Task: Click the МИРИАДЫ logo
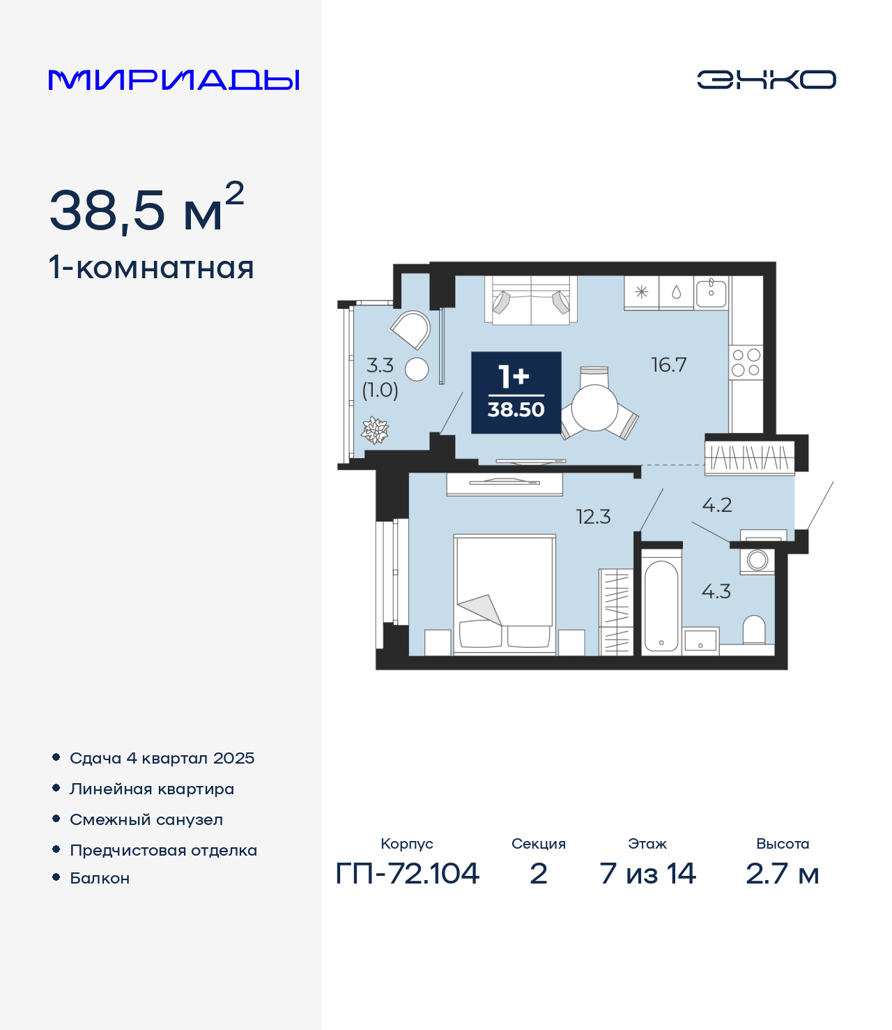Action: pos(174,79)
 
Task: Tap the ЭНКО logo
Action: pos(766,79)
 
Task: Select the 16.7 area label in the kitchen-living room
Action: pos(669,365)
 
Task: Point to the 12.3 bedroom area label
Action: pos(593,517)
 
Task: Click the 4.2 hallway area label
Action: pos(717,506)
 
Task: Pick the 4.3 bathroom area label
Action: pos(716,591)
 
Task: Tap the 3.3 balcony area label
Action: pos(380,365)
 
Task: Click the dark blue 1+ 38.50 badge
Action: pos(516,393)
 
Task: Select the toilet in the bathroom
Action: pos(753,630)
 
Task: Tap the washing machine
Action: pos(757,560)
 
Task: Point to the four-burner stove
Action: pos(746,362)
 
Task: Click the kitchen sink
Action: pos(711,294)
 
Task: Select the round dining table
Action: pos(594,408)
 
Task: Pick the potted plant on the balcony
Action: pos(375,430)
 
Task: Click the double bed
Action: pos(505,595)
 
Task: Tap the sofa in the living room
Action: pos(531,301)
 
